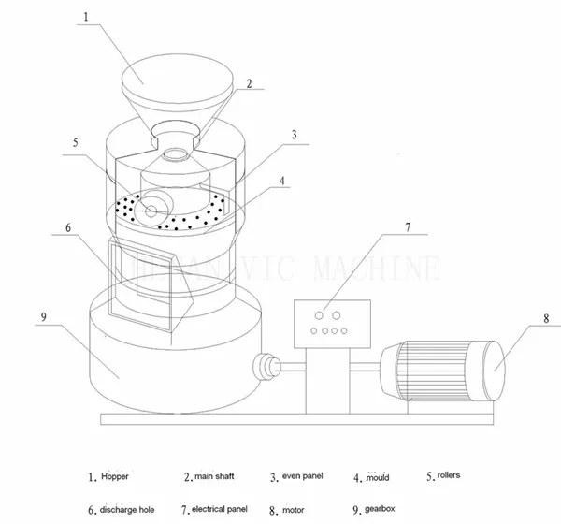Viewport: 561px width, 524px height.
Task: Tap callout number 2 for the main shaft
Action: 249,83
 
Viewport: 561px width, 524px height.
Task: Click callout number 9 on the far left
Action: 43,317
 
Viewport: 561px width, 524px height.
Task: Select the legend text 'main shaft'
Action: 214,476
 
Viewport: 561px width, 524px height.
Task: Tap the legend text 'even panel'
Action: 302,476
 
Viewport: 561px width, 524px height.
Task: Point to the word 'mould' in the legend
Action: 377,477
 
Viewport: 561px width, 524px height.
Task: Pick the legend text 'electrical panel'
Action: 219,510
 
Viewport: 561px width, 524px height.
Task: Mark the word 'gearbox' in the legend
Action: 384,510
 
